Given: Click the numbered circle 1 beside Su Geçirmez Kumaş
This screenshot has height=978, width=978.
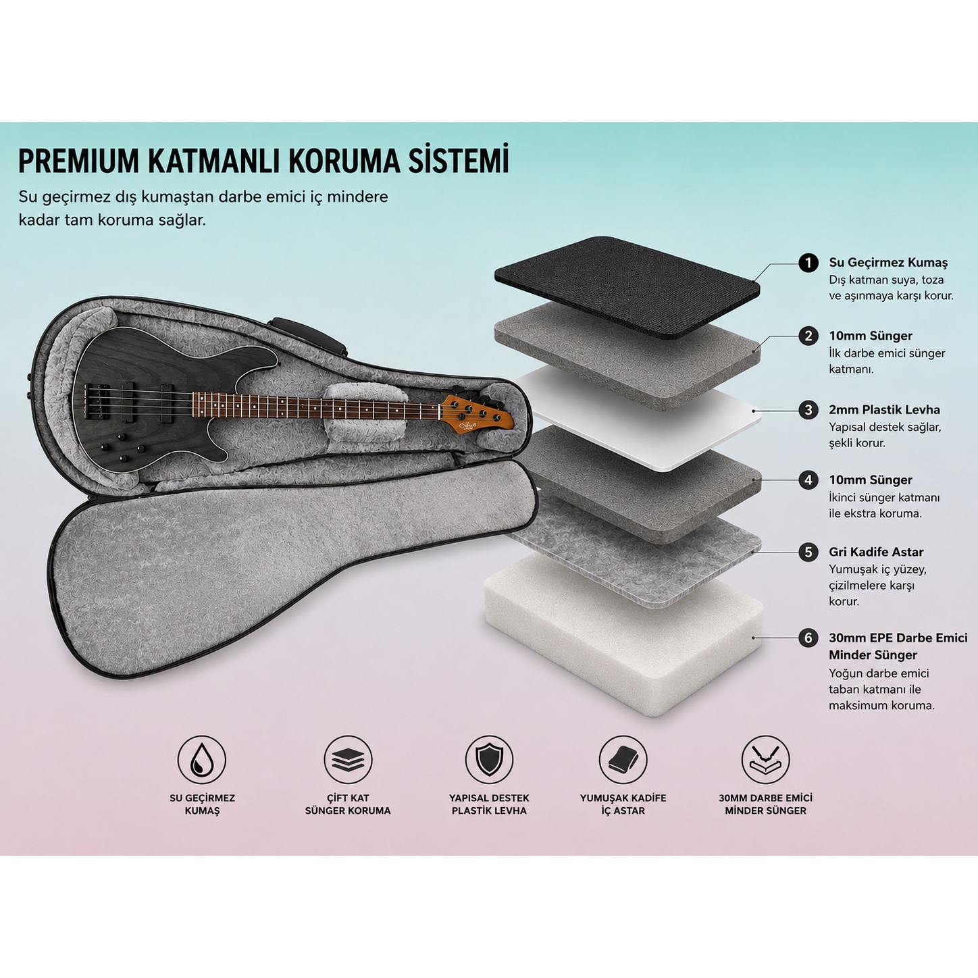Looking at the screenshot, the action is (x=808, y=262).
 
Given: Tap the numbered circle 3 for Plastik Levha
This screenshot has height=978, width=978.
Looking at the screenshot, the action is (x=808, y=409).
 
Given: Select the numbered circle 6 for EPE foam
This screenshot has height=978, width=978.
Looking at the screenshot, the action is (x=808, y=638).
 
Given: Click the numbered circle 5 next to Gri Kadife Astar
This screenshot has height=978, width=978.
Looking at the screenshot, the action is (x=808, y=552).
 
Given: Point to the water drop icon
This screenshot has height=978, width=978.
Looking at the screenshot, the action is (x=201, y=760).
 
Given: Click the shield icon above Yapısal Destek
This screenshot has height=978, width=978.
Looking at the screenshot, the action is (x=489, y=760).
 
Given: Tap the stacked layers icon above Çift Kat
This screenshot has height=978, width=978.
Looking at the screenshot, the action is (x=348, y=760).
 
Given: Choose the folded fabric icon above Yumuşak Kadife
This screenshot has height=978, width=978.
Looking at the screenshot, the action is (x=623, y=760).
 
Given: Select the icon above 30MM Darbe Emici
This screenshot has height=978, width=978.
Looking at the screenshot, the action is (x=765, y=760).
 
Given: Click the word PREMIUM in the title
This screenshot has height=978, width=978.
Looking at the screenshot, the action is (x=78, y=161).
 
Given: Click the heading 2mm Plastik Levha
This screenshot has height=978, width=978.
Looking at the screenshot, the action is (x=884, y=409).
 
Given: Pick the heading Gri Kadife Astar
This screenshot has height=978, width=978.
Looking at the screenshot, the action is (x=876, y=552).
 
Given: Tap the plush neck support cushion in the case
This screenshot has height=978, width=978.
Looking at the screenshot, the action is (x=365, y=411).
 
